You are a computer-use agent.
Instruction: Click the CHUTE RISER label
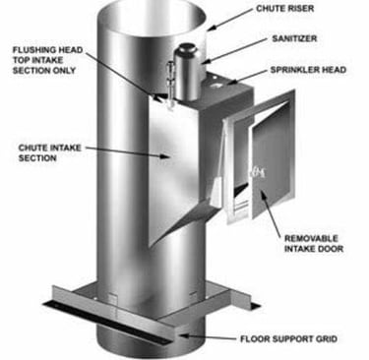[x=284, y=8]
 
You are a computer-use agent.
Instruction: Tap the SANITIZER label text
[x=294, y=38]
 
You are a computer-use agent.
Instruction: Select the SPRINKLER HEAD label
[x=308, y=70]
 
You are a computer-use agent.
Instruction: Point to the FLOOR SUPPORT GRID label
[x=288, y=338]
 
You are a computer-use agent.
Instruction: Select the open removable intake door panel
[x=273, y=158]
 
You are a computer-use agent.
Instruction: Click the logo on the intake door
[x=258, y=172]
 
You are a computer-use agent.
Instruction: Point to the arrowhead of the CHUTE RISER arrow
[x=210, y=29]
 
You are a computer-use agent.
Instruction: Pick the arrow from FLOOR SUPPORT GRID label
[x=208, y=336]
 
